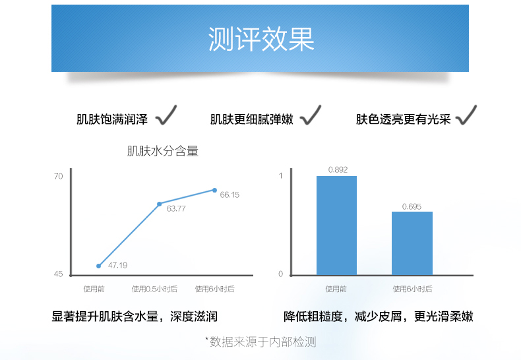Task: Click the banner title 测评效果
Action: tap(261, 39)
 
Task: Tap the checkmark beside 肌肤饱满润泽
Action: tap(166, 115)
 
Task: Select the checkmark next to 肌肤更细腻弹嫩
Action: tap(311, 115)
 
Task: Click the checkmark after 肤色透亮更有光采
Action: tap(466, 115)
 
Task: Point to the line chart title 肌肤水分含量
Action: tap(163, 151)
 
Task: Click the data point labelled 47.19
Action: tap(99, 266)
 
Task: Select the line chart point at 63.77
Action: tap(159, 204)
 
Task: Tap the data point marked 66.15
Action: tap(214, 191)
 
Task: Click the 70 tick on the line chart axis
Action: tap(58, 176)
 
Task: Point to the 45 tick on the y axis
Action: tap(58, 274)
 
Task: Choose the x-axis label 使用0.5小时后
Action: tap(154, 289)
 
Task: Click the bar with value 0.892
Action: tap(336, 225)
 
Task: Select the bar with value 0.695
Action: tap(412, 243)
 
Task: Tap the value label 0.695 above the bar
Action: tap(412, 206)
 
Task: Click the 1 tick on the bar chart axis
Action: tap(281, 175)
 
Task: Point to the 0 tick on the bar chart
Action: tap(281, 274)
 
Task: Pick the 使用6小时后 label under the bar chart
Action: tap(413, 289)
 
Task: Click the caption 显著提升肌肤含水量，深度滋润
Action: tap(135, 316)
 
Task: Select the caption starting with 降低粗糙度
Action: tap(379, 316)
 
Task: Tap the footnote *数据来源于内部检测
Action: tap(260, 342)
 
